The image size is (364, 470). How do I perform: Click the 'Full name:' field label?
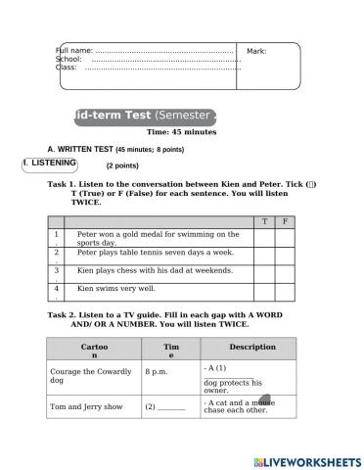click(75, 50)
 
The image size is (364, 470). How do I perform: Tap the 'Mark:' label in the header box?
click(256, 51)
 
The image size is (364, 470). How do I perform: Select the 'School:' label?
click(68, 59)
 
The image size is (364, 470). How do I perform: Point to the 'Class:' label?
click(67, 68)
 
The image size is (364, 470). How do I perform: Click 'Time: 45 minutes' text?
click(181, 131)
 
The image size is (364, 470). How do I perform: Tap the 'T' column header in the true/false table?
click(263, 222)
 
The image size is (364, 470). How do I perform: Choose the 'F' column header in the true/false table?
click(285, 222)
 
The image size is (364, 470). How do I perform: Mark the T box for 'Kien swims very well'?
click(263, 289)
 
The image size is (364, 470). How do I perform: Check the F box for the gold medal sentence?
click(285, 237)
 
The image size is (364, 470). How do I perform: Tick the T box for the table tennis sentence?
click(263, 253)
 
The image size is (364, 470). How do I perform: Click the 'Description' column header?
click(251, 347)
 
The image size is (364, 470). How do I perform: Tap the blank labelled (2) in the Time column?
click(169, 405)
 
